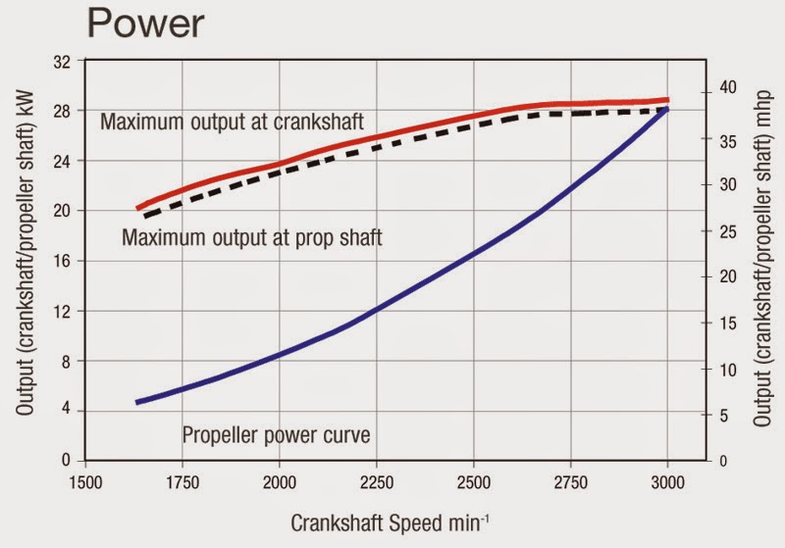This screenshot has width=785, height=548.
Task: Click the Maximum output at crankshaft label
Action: [233, 123]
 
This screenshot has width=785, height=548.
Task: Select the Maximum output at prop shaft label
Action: [251, 236]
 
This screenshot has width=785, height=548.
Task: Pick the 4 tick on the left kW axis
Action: [67, 411]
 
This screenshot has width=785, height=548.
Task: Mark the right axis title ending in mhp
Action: [761, 260]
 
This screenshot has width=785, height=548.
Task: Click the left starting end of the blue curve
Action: [138, 402]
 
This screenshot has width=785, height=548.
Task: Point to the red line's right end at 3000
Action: [667, 100]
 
